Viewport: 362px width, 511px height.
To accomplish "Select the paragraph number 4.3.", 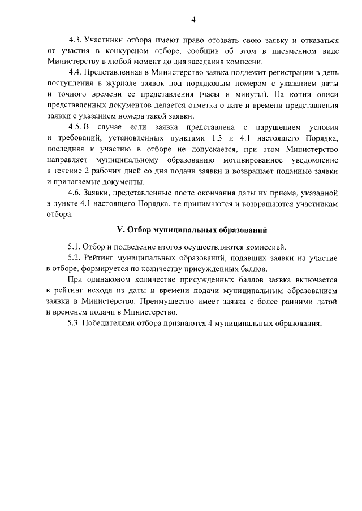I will pos(75,40).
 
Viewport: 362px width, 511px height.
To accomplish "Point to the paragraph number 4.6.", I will pos(75,193).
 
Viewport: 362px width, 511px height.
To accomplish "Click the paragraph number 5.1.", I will pos(75,247).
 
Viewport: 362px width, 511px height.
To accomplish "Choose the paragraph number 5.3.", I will pos(75,324).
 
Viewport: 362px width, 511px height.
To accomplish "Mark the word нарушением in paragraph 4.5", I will pos(267,128).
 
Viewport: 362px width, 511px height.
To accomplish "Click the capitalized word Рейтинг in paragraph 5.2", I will pos(107,257).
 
